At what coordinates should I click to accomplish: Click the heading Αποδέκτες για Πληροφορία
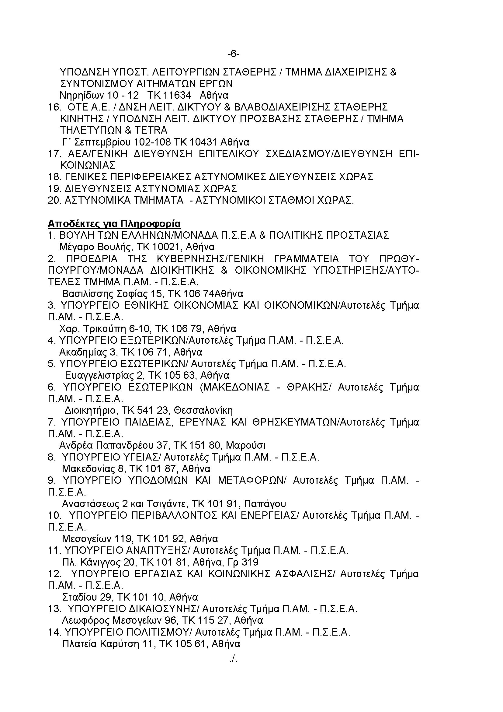coord(114,224)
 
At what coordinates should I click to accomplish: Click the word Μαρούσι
coord(246,446)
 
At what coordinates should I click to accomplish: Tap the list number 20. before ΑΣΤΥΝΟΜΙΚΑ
coord(55,200)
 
